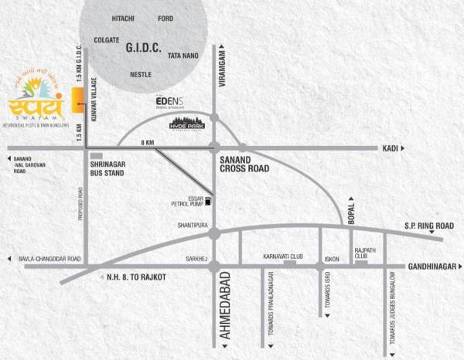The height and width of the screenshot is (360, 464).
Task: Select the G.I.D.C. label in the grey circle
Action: (x=143, y=48)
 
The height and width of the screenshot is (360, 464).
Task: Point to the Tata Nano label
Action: (x=184, y=56)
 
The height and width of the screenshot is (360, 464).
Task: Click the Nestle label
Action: (x=140, y=74)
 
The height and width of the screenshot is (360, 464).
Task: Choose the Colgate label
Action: (x=106, y=39)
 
